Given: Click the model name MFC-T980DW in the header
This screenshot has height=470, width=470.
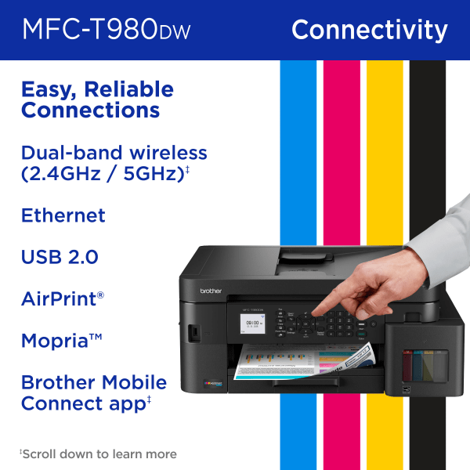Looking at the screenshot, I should click(x=107, y=30).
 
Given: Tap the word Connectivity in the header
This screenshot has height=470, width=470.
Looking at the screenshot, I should click(x=369, y=30).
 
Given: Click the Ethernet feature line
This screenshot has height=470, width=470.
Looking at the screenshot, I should click(x=63, y=215).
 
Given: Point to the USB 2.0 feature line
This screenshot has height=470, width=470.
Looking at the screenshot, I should click(x=60, y=257).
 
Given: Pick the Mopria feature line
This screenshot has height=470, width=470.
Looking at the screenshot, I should click(x=62, y=342).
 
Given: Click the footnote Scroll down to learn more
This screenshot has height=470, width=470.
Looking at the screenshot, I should click(x=99, y=454).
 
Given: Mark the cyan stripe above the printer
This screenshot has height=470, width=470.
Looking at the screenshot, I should click(x=297, y=141).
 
